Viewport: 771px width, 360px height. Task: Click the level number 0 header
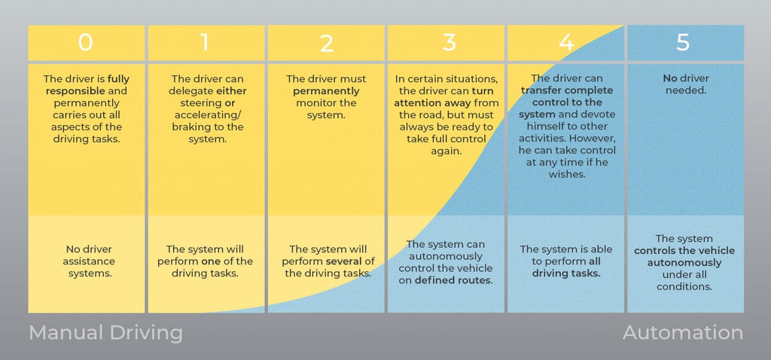[x=86, y=43]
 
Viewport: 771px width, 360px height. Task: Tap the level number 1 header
[x=205, y=43]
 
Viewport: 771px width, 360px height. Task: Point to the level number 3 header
[x=449, y=43]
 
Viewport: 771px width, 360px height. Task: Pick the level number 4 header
[x=566, y=43]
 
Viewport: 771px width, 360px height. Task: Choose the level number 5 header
[x=683, y=43]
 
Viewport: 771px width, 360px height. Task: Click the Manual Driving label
[x=105, y=333]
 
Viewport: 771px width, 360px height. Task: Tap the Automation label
[x=682, y=333]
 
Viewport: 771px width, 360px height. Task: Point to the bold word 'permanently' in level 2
[x=327, y=91]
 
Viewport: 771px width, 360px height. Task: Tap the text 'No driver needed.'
[x=685, y=84]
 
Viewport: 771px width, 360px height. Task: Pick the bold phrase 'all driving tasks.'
[x=566, y=268]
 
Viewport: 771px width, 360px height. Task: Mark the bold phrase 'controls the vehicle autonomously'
[x=684, y=257]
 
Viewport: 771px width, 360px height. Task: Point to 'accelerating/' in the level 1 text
[x=206, y=115]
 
